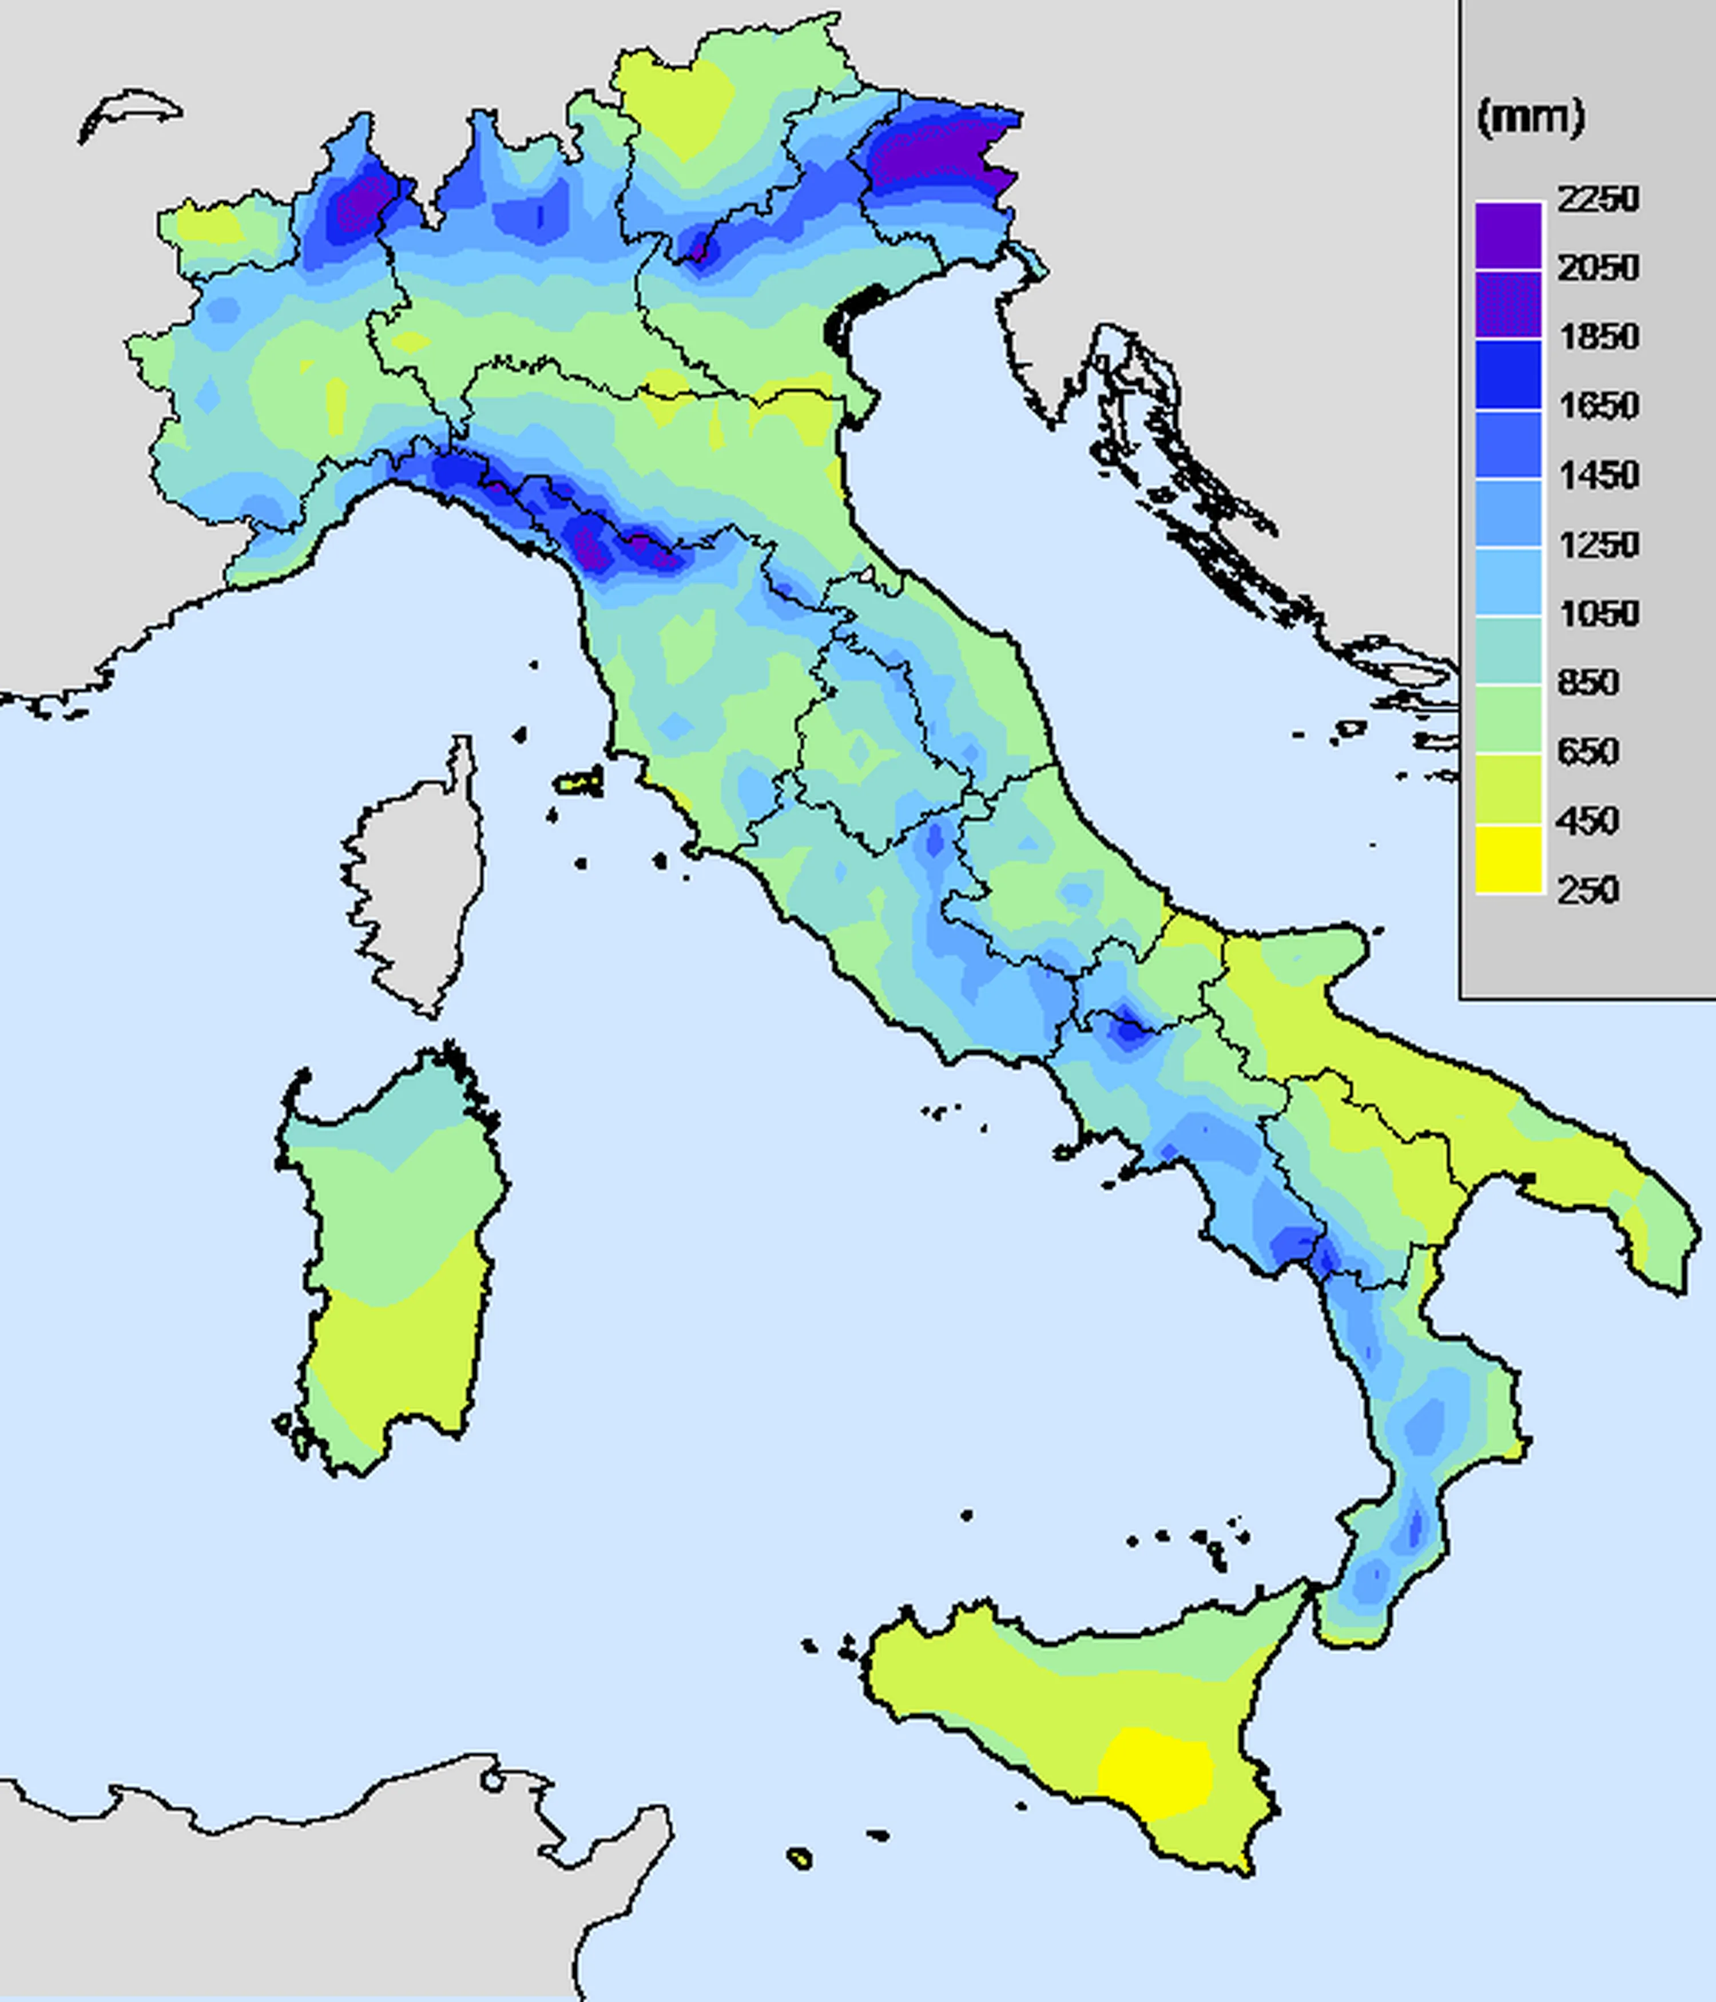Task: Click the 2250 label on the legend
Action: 1598,199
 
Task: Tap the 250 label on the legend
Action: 1587,889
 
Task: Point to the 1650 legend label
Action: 1598,405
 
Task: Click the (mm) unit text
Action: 1531,118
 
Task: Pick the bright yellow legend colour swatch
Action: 1508,858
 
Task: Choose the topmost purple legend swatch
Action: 1508,235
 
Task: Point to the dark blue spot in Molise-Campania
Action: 1126,1029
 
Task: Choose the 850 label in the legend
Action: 1587,682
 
